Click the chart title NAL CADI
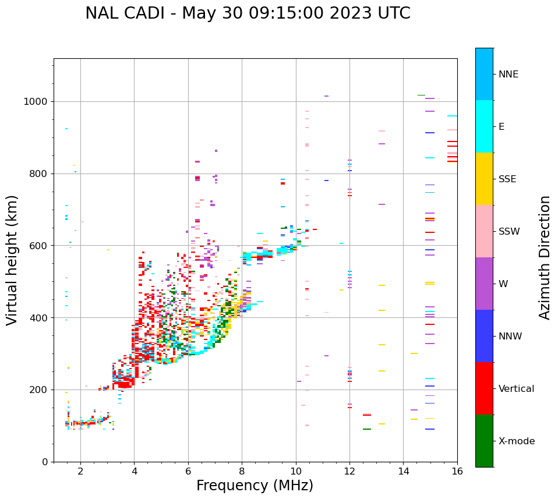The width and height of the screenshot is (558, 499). (x=248, y=13)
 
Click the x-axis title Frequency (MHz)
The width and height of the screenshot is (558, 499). (x=255, y=486)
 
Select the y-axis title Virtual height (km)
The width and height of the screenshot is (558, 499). (x=12, y=260)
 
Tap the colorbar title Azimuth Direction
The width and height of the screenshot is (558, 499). (x=545, y=257)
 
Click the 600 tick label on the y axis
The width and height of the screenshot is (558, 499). (x=38, y=246)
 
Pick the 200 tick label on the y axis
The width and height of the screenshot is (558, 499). (x=38, y=390)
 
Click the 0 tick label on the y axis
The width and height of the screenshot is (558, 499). (x=45, y=462)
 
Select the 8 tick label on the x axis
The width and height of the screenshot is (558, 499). (x=242, y=471)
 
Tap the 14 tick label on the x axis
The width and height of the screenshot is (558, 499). (x=403, y=471)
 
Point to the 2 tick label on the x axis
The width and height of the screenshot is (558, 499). (x=80, y=471)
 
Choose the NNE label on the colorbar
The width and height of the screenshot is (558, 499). (x=508, y=75)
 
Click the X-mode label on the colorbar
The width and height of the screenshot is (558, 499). (x=517, y=441)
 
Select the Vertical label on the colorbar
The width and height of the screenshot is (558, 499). (x=517, y=389)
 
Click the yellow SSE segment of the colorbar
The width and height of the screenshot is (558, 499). (x=484, y=179)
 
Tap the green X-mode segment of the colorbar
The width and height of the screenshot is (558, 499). (x=484, y=441)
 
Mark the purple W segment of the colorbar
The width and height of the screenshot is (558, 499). (x=484, y=284)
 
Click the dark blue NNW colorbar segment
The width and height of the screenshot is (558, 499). (x=484, y=336)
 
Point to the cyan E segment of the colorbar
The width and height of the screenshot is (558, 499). (x=484, y=126)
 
